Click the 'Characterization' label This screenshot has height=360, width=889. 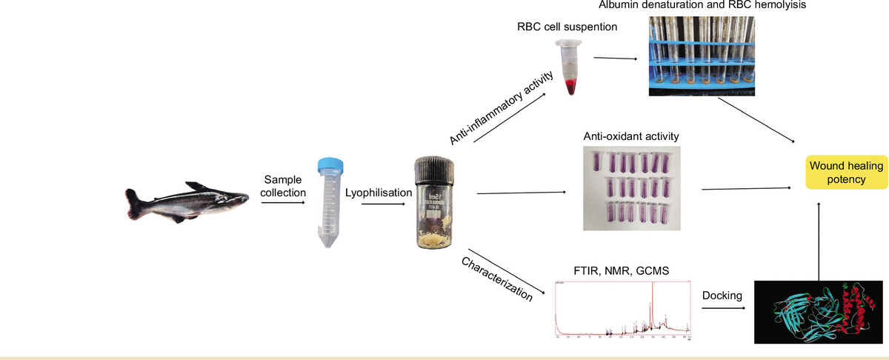tap(497, 279)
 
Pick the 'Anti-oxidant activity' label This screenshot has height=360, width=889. tap(631, 137)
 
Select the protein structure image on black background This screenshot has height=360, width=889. tap(818, 312)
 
